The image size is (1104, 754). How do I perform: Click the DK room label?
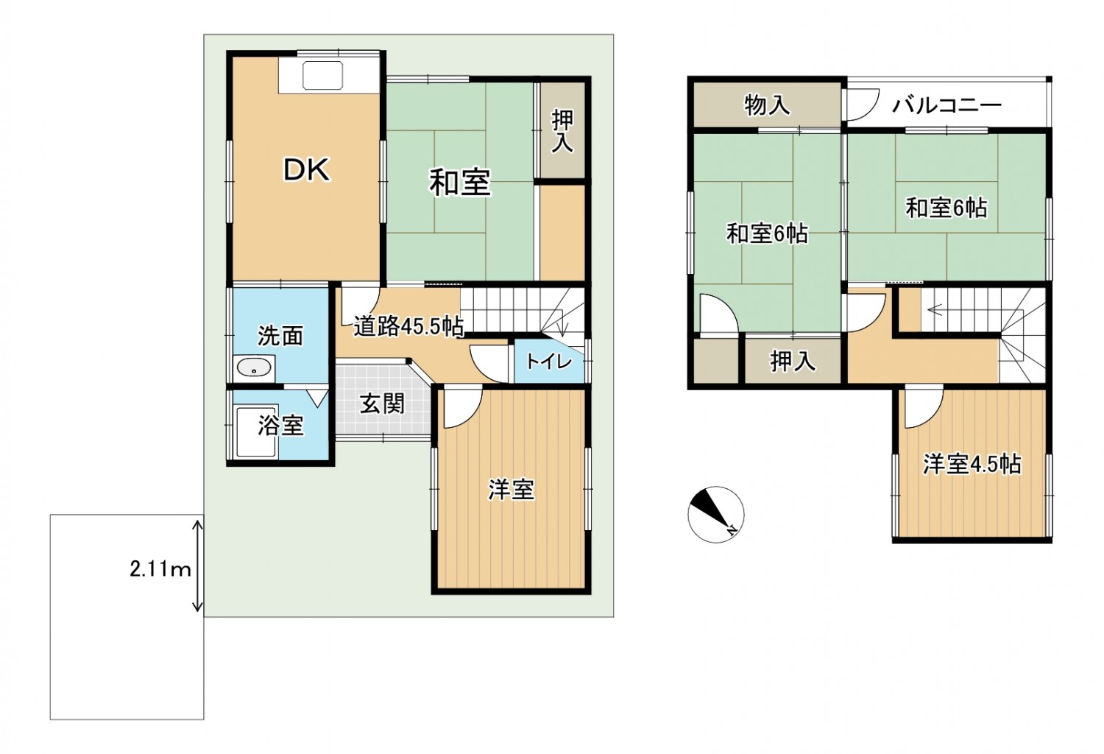point(306,169)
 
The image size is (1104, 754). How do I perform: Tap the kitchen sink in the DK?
point(322,75)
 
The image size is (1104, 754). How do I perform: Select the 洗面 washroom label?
point(280,336)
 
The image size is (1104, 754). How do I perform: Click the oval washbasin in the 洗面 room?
point(253,367)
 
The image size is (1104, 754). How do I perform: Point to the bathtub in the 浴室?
point(255,432)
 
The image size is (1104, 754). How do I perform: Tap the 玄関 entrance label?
point(382,404)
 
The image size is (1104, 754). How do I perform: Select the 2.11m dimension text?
point(160,570)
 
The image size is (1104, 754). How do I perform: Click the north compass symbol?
point(715,515)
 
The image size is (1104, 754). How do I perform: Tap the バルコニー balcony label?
point(946,105)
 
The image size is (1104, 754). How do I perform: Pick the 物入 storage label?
point(767,105)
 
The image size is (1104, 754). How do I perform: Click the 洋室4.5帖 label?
point(972,464)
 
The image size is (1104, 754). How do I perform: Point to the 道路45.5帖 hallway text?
point(408,326)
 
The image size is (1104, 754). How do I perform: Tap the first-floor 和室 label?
point(459,182)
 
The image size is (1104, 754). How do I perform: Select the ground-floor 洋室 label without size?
point(511,490)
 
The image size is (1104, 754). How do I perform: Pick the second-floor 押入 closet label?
point(793,362)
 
